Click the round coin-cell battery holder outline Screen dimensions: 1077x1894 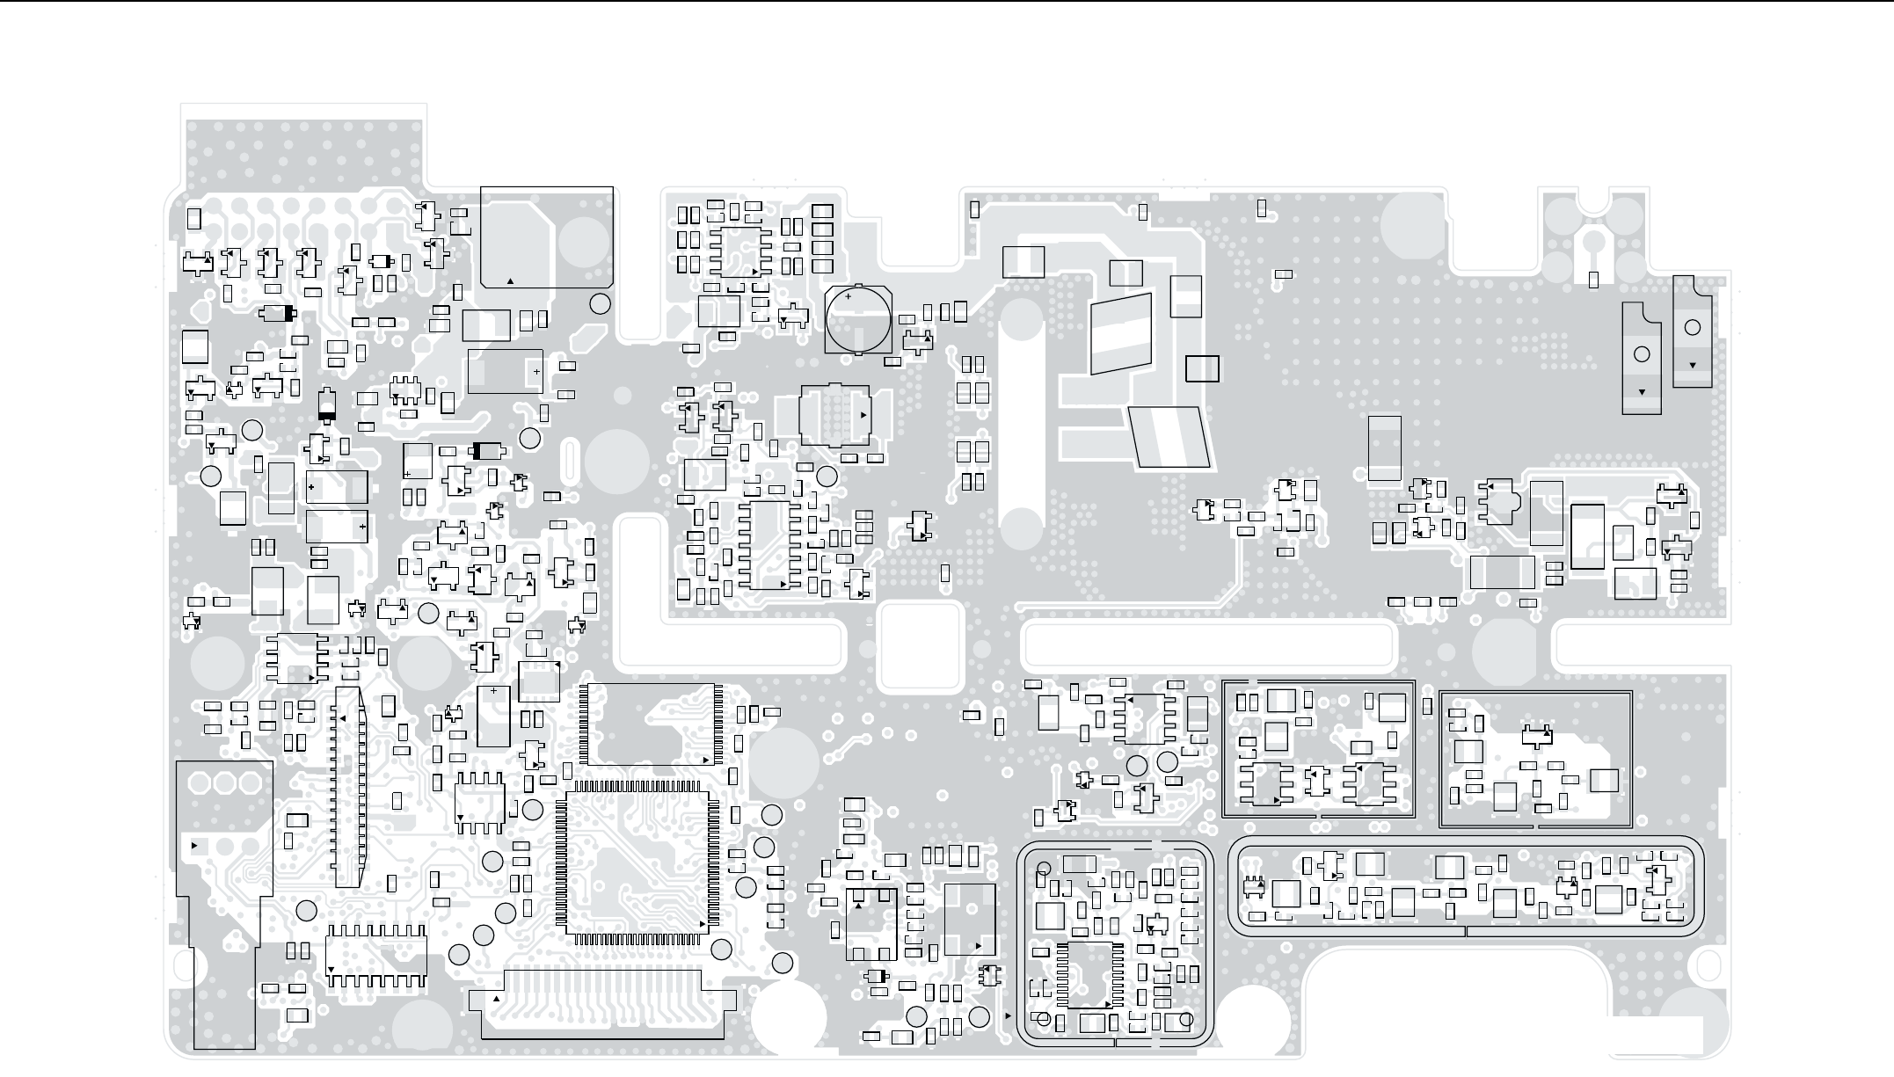(858, 320)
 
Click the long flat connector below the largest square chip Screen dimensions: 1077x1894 (603, 1002)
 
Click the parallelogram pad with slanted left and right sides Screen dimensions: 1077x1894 (1169, 436)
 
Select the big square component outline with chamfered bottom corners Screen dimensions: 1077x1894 (547, 237)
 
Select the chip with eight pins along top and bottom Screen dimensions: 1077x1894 (376, 956)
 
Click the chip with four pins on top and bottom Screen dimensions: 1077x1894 (480, 802)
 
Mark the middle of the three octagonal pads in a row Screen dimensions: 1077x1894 (225, 782)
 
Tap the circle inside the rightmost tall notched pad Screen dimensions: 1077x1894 (1692, 328)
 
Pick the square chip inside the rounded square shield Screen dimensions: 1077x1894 (1089, 975)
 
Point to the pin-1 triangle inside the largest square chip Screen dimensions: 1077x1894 (702, 924)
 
